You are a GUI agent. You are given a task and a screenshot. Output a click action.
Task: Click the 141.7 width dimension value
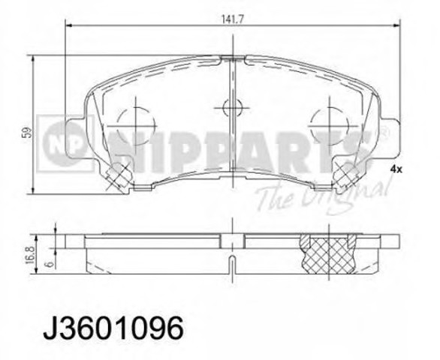(233, 19)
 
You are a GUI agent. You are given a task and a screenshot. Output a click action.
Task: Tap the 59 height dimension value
(28, 133)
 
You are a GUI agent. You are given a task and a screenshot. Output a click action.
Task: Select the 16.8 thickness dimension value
(30, 255)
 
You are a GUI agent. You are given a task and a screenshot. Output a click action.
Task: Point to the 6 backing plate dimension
(51, 264)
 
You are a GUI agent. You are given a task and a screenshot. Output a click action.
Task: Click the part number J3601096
(113, 327)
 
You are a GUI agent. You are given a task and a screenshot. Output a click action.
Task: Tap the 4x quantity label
(396, 169)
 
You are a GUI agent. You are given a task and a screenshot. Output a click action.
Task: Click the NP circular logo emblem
(65, 143)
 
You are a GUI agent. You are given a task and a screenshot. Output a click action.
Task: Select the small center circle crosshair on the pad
(232, 107)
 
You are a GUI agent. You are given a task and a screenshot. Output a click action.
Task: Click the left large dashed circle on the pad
(136, 126)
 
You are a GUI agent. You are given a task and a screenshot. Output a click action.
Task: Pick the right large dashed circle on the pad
(329, 126)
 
